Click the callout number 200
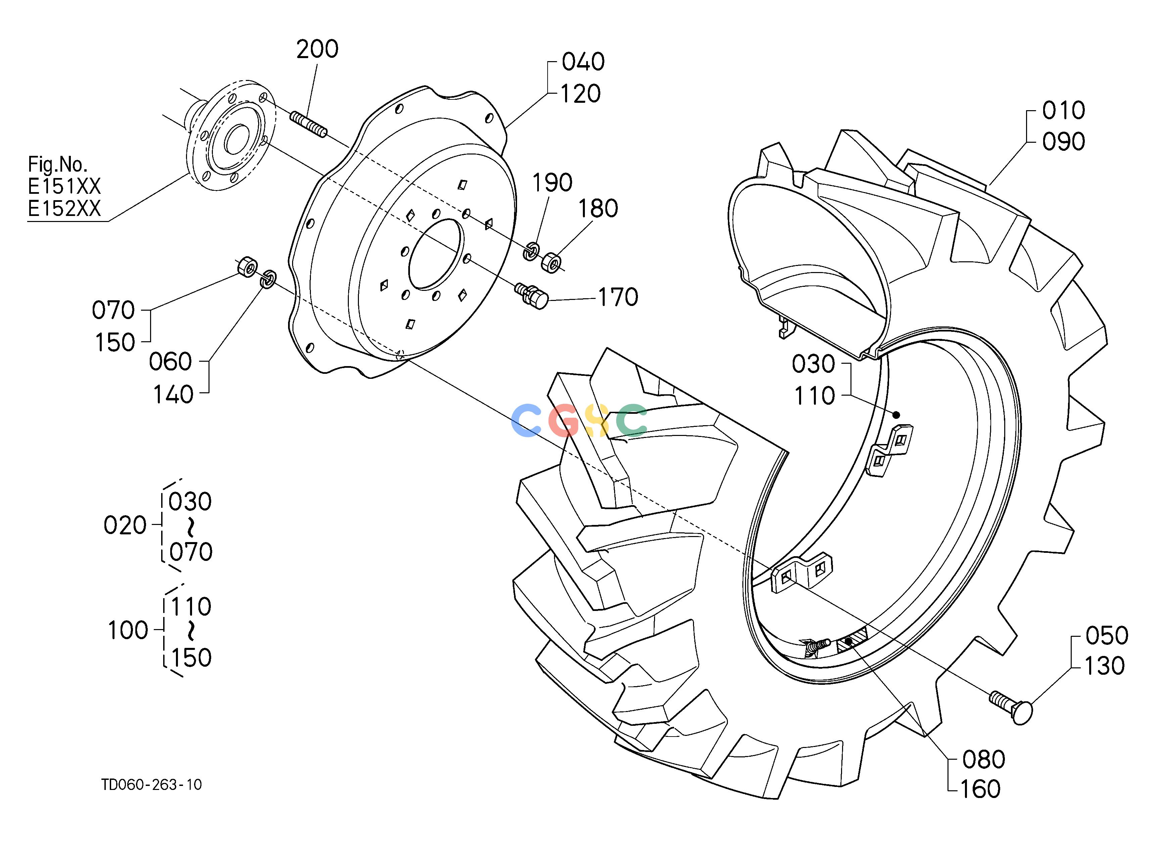pos(317,49)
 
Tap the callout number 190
pos(552,182)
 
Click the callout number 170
pos(618,297)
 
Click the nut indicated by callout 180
pos(551,262)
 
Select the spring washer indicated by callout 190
pos(531,251)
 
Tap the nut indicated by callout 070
pos(247,267)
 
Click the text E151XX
pos(64,187)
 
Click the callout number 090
pos(1064,141)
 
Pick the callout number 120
pos(581,94)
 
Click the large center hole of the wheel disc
pos(435,254)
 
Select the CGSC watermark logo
pos(579,420)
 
